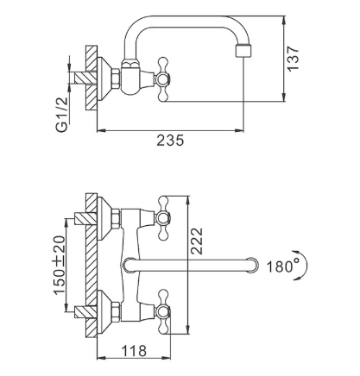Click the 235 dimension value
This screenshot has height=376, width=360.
pyautogui.click(x=170, y=141)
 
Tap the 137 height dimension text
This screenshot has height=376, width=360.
pyautogui.click(x=294, y=59)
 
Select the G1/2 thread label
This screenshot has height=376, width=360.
pyautogui.click(x=62, y=115)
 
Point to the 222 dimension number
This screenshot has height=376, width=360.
pyautogui.click(x=197, y=241)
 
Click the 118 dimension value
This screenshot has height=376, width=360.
pyautogui.click(x=134, y=350)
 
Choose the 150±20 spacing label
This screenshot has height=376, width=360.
pyautogui.click(x=59, y=265)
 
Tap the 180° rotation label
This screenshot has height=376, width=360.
pyautogui.click(x=280, y=266)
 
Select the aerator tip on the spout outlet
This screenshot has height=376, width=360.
pyautogui.click(x=243, y=51)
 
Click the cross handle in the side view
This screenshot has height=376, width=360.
pyautogui.click(x=162, y=79)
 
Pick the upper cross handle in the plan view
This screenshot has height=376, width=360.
pyautogui.click(x=163, y=218)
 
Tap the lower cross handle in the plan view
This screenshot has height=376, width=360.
pyautogui.click(x=163, y=311)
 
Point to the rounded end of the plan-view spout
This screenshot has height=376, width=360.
pyautogui.click(x=253, y=265)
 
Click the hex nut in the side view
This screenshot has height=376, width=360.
pyautogui.click(x=116, y=78)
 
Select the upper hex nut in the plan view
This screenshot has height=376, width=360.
pyautogui.click(x=116, y=218)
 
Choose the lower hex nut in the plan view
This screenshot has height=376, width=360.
pyautogui.click(x=116, y=311)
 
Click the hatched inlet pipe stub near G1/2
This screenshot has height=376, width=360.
pyautogui.click(x=85, y=78)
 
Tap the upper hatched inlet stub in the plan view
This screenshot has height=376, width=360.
pyautogui.click(x=85, y=218)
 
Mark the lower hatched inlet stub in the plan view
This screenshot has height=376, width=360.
pyautogui.click(x=85, y=312)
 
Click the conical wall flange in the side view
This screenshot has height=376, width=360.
pyautogui.click(x=104, y=78)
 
